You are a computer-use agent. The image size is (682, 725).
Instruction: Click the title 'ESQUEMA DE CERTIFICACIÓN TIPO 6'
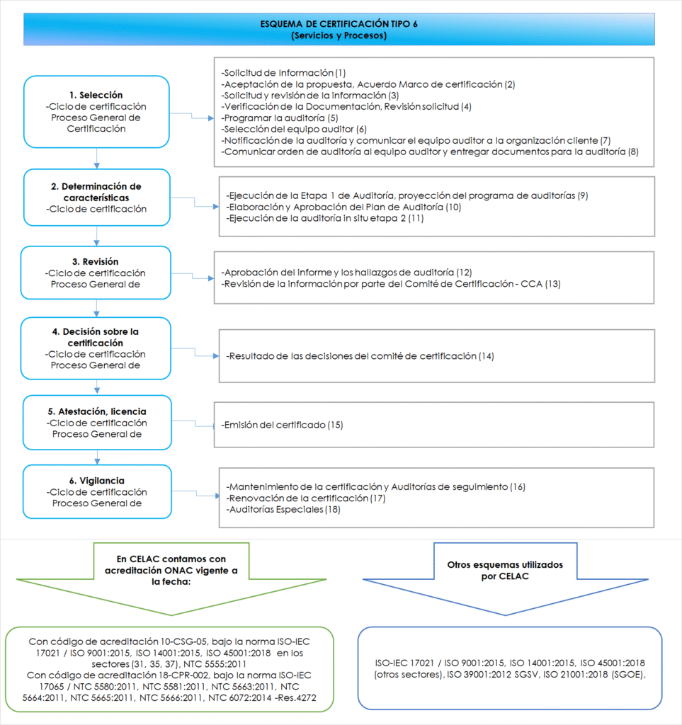339,23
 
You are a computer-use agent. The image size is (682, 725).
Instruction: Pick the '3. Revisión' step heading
96,261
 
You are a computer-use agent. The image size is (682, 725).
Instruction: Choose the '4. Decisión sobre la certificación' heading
96,337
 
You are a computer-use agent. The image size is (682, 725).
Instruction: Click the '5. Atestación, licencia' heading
96,411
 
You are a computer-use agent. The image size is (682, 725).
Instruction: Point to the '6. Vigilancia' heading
96,481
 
